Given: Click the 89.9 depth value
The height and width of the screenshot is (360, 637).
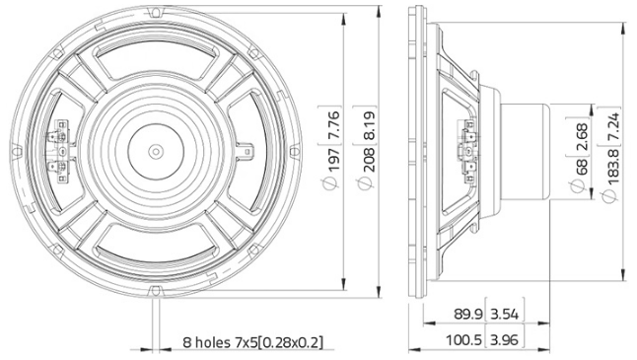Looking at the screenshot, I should click(x=469, y=316).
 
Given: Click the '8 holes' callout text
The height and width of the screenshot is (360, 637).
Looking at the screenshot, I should click(x=252, y=343).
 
